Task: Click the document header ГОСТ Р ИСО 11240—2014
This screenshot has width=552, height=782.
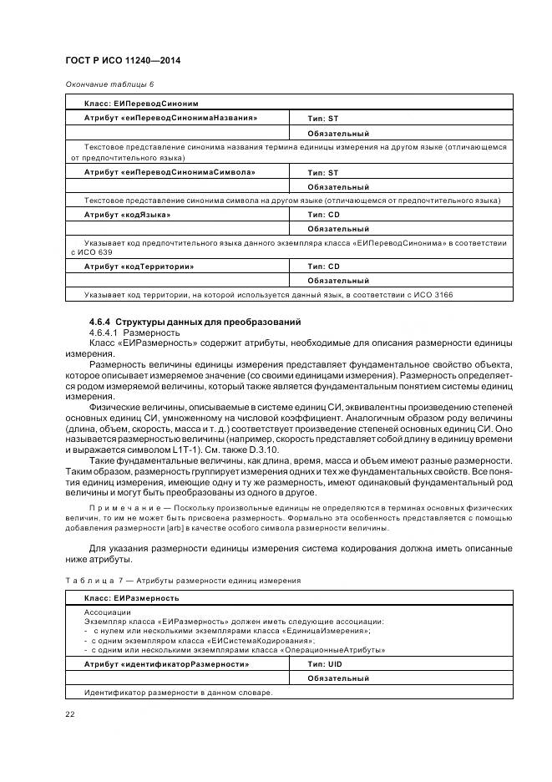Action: [123, 61]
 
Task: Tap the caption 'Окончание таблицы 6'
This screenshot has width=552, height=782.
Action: [109, 84]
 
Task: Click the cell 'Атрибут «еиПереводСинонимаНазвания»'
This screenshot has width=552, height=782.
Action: [170, 119]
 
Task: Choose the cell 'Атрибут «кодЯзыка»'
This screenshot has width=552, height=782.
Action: [127, 215]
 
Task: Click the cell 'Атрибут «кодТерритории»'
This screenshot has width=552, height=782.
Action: [139, 267]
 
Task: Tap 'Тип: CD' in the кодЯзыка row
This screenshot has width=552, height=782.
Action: [324, 215]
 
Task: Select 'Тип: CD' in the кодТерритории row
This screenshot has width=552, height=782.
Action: [324, 267]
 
